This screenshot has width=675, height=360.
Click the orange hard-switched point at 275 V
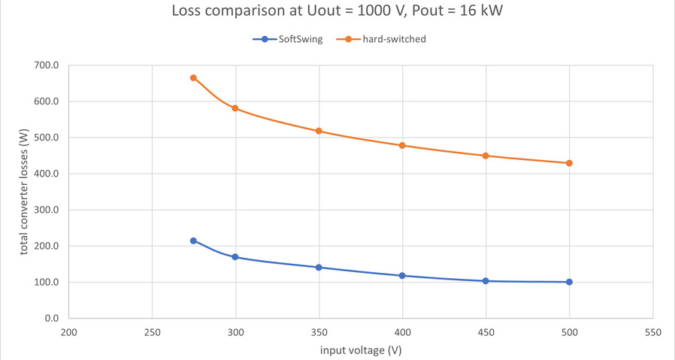(x=193, y=77)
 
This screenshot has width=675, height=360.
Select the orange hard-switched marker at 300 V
(x=235, y=108)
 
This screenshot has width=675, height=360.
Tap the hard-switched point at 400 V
(x=402, y=145)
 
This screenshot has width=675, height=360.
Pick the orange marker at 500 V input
(x=569, y=163)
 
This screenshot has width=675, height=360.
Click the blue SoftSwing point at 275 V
(x=193, y=241)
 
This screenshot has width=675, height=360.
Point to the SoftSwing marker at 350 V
(x=319, y=268)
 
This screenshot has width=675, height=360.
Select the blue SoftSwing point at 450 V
(x=486, y=281)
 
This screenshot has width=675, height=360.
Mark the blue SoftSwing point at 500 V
(x=569, y=282)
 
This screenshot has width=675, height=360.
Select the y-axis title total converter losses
(x=24, y=192)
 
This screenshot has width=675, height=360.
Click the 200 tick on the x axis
(x=69, y=331)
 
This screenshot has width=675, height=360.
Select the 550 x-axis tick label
(x=652, y=331)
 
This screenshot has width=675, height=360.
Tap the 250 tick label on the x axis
(x=152, y=331)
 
